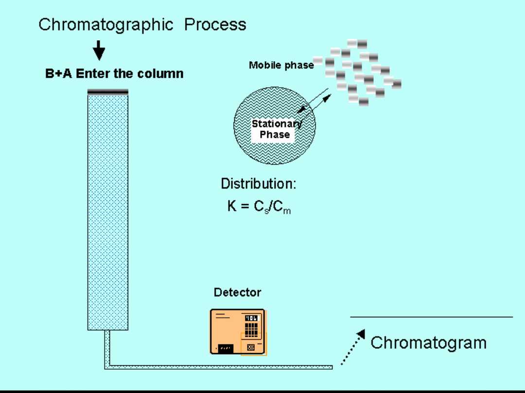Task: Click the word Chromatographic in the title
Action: tap(105, 24)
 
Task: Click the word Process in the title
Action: tap(215, 24)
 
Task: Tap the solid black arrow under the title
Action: tap(99, 50)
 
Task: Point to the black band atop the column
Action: tap(108, 91)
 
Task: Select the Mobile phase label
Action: tap(281, 65)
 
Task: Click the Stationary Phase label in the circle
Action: tap(275, 129)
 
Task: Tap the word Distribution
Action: tap(258, 184)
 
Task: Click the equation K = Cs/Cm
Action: tap(259, 207)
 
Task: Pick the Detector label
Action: tap(237, 293)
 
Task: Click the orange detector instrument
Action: tap(237, 331)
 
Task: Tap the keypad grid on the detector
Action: tap(251, 329)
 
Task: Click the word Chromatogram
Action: tap(428, 343)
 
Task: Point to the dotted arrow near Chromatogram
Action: tap(352, 347)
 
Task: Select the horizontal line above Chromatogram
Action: tap(431, 317)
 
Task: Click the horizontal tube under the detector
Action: tap(219, 366)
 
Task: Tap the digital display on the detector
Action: tap(252, 318)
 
